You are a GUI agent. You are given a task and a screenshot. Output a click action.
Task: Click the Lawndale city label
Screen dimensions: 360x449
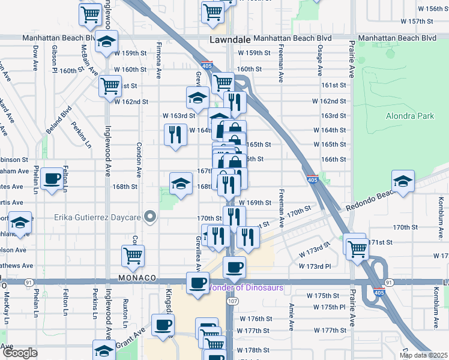pyautogui.click(x=231, y=38)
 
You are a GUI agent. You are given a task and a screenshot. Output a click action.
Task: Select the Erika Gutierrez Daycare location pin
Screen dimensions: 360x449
pyautogui.click(x=151, y=217)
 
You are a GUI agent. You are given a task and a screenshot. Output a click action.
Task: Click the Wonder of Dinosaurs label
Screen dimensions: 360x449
pyautogui.click(x=246, y=287)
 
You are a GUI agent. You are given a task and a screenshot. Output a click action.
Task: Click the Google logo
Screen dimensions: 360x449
pyautogui.click(x=19, y=353)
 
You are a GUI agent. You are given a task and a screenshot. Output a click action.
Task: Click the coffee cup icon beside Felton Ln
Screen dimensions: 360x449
pyautogui.click(x=52, y=179)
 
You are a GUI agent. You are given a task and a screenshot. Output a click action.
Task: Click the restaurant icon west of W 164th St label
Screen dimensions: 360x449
pyautogui.click(x=175, y=134)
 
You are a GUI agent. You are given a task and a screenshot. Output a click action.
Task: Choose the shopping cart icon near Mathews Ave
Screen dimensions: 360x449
pyautogui.click(x=133, y=256)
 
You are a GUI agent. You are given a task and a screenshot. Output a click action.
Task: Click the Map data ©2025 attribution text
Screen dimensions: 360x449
pyautogui.click(x=423, y=355)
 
